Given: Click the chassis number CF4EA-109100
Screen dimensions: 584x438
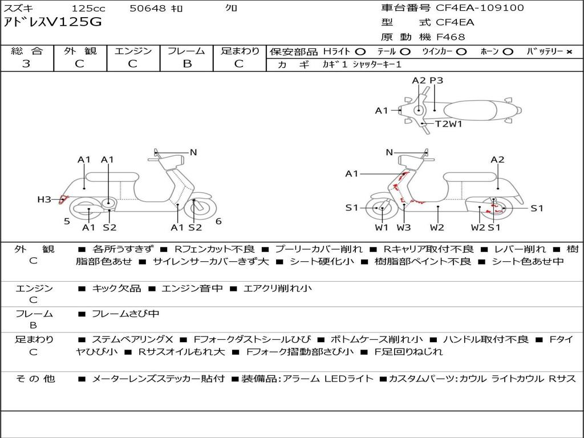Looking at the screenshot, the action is click(480, 8).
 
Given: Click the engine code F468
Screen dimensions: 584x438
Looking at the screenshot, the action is click(451, 37).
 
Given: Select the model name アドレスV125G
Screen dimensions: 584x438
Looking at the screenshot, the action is click(52, 22).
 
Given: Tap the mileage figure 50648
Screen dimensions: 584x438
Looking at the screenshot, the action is click(147, 8).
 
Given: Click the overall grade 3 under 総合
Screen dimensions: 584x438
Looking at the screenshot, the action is click(26, 64).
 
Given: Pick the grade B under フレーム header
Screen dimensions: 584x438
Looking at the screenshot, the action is click(187, 64).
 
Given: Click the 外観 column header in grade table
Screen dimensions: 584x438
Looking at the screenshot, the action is click(80, 51).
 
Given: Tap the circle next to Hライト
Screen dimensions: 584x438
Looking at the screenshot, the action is click(360, 52).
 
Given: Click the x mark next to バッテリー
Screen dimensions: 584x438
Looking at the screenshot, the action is click(569, 52).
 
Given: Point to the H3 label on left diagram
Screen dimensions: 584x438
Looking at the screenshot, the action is click(44, 200).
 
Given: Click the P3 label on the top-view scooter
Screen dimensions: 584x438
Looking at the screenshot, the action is click(436, 80).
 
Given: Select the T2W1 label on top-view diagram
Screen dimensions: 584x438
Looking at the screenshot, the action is click(449, 124).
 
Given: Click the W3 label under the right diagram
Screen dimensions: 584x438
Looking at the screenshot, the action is click(403, 227).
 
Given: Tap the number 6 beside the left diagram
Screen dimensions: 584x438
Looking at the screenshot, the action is click(218, 221).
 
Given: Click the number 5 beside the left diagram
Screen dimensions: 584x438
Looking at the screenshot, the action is click(67, 221).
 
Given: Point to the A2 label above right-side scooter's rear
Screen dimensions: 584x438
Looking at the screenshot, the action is click(497, 160).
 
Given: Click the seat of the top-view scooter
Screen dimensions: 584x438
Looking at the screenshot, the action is click(470, 111).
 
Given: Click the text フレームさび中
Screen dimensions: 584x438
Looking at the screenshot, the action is click(125, 314).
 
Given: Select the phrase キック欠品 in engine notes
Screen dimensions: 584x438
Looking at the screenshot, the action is click(116, 288).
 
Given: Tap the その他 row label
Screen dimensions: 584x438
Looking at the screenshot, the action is click(35, 379).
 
